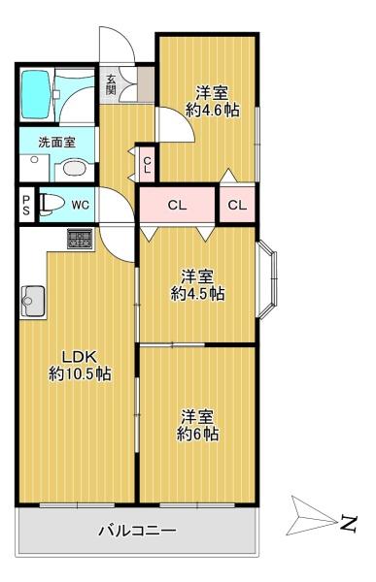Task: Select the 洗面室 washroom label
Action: click(x=56, y=142)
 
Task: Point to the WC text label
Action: click(x=80, y=205)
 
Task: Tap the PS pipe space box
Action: click(x=26, y=204)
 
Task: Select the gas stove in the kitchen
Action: click(x=80, y=238)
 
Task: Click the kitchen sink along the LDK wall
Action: click(x=32, y=302)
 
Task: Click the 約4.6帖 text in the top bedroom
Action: click(x=212, y=110)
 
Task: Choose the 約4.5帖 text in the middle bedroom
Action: click(x=198, y=292)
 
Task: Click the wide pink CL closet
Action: click(x=177, y=205)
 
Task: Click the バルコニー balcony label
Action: click(x=136, y=531)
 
